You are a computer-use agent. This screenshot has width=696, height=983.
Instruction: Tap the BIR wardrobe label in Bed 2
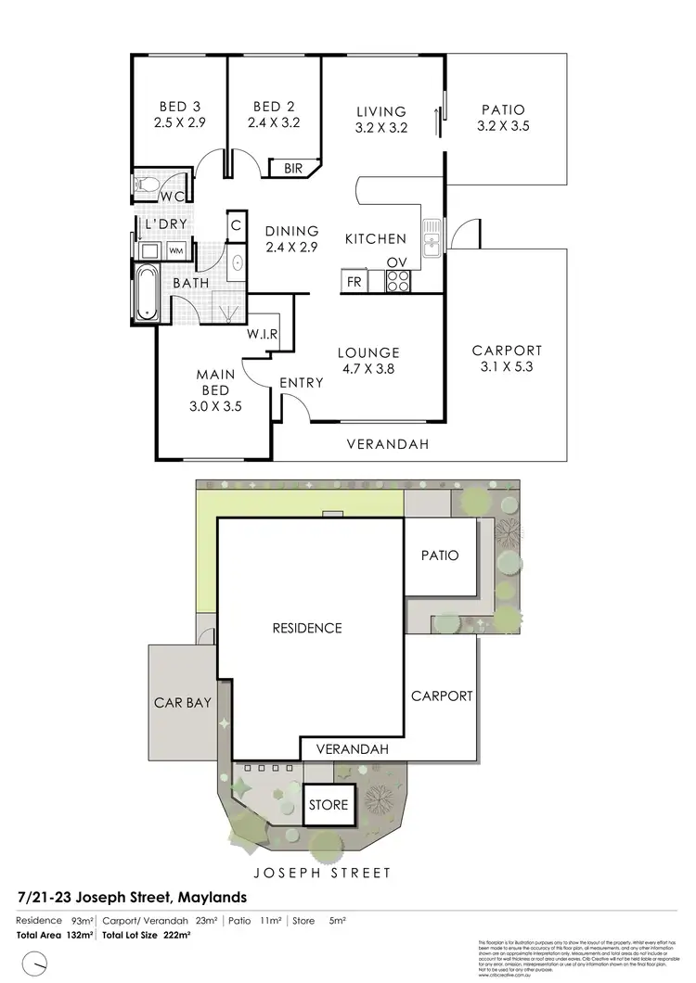293,168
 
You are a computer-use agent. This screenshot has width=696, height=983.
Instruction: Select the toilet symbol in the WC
145,184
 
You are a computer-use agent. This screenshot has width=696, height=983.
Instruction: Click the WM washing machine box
175,251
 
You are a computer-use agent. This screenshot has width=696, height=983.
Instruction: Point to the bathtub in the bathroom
147,293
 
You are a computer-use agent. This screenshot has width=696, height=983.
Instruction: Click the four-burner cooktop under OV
397,280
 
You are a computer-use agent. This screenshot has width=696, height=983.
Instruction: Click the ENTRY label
301,382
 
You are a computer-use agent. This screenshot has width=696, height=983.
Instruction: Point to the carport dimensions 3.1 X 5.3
506,365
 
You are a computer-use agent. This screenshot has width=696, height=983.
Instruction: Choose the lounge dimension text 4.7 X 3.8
367,367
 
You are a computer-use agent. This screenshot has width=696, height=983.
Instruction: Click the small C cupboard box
236,224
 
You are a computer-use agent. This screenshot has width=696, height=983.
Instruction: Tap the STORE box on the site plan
329,804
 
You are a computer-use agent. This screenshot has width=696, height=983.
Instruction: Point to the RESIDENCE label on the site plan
307,628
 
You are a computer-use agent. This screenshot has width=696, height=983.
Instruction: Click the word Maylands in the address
208,897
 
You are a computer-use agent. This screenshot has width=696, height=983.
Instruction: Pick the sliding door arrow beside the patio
437,120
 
